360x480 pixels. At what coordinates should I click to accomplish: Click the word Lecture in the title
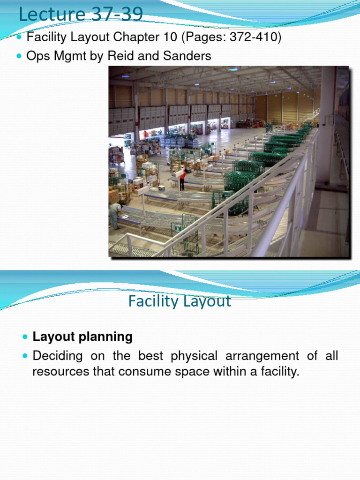coord(46,15)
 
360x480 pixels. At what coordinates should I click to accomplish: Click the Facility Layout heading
coord(180,301)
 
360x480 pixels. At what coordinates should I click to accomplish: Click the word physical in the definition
coord(194,356)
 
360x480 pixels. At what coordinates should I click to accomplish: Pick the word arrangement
coord(267,356)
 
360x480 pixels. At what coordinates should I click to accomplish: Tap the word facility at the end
coord(277,372)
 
